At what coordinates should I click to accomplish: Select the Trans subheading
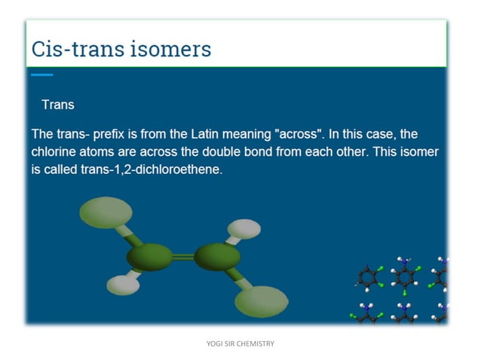coord(58,105)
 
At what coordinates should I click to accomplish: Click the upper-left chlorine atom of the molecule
coord(106,212)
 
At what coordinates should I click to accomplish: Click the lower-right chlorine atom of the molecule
coord(261,301)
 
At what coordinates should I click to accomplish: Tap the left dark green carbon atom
coord(149,258)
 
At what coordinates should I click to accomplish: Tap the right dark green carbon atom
coord(217,257)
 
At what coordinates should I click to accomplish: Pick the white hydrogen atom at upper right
coord(244,227)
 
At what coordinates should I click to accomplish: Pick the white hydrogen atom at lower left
coord(123,285)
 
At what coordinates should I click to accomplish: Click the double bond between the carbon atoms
coord(183,258)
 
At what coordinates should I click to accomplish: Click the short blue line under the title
coord(42,75)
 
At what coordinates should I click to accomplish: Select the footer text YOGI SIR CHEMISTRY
coord(240,344)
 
